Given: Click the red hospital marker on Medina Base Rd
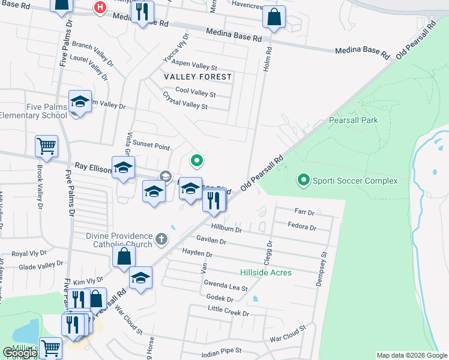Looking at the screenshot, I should [x=100, y=7].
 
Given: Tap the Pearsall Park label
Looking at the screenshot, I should [x=354, y=120].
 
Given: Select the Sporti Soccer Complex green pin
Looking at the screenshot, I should [x=304, y=179].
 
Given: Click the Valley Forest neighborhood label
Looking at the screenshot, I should [x=197, y=77].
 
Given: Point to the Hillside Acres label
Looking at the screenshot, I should [x=266, y=272].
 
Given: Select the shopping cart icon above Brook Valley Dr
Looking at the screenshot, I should [x=46, y=146].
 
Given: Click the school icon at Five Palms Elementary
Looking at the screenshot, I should [x=79, y=102].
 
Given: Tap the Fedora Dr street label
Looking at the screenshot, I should [x=302, y=227].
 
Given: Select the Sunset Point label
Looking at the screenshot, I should [x=151, y=145].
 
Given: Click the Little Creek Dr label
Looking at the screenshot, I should [x=228, y=311].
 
